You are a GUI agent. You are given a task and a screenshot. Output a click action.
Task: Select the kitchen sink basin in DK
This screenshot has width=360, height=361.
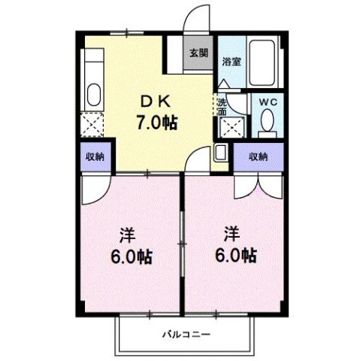tap(93, 95)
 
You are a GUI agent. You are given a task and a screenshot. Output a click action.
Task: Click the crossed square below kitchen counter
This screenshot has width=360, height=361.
tap(93, 122)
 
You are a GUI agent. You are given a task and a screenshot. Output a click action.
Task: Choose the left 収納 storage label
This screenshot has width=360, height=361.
tap(94, 157)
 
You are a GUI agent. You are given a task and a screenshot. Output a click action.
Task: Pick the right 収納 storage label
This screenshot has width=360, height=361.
tap(259, 156)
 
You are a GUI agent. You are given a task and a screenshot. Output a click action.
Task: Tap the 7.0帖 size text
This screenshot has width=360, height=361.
tap(156, 122)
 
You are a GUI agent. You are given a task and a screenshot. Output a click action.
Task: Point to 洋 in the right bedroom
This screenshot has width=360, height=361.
tap(232, 235)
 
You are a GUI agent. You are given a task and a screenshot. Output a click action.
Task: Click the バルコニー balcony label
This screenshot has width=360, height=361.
tap(186, 334)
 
